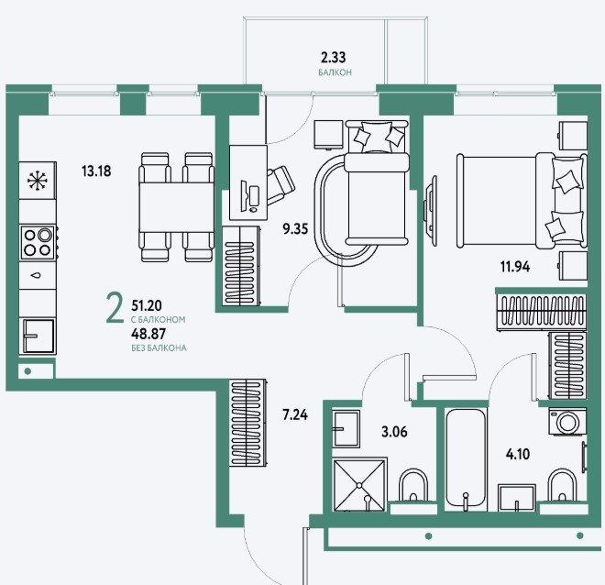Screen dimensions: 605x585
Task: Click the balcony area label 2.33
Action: pyautogui.click(x=334, y=58)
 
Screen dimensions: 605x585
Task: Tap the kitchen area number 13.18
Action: pyautogui.click(x=96, y=171)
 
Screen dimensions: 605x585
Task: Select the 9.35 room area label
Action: pyautogui.click(x=295, y=229)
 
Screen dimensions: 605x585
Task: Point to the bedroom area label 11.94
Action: pyautogui.click(x=515, y=267)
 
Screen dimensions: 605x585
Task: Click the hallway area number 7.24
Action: pyautogui.click(x=295, y=415)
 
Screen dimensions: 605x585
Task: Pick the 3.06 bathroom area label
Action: pyautogui.click(x=394, y=432)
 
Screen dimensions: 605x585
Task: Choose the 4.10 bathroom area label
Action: pyautogui.click(x=518, y=454)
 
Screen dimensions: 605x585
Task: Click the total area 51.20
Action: pyautogui.click(x=147, y=305)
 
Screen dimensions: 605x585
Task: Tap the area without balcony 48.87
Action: pyautogui.click(x=148, y=333)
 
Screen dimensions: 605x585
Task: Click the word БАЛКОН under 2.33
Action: pyautogui.click(x=335, y=72)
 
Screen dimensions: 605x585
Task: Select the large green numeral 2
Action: pyautogui.click(x=115, y=307)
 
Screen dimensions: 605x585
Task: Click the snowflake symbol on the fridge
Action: pyautogui.click(x=38, y=181)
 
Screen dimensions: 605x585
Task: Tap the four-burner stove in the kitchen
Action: pyautogui.click(x=38, y=243)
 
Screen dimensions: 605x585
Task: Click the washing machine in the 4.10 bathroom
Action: pyautogui.click(x=566, y=422)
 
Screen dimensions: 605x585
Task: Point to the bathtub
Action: pyautogui.click(x=466, y=459)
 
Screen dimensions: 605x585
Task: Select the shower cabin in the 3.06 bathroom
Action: pyautogui.click(x=358, y=484)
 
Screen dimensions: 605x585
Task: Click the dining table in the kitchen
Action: pyautogui.click(x=176, y=207)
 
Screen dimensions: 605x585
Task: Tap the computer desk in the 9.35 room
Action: pyautogui.click(x=248, y=182)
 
